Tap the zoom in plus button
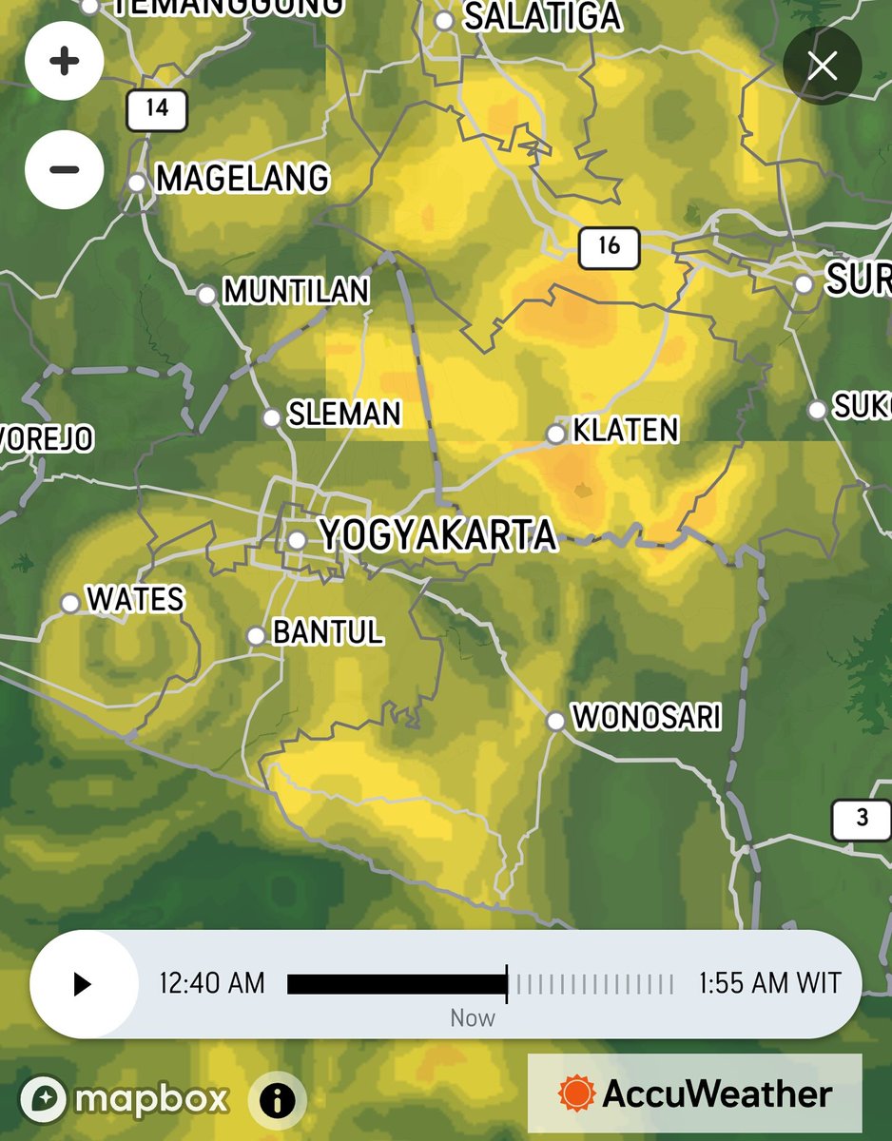[x=65, y=63]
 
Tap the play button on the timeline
[x=83, y=984]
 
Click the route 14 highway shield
[x=157, y=108]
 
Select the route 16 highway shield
[x=609, y=246]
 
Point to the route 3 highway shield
[x=862, y=819]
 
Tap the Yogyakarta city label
[x=437, y=536]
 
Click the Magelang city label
[x=242, y=179]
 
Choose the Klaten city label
[x=626, y=432]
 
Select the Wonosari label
[x=646, y=718]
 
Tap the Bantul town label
[x=328, y=632]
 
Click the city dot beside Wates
[x=69, y=603]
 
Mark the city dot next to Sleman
[x=272, y=417]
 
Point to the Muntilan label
[x=296, y=292]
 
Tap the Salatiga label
[x=543, y=17]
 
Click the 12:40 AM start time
[x=211, y=983]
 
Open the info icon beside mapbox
[x=278, y=1101]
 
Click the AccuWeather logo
[x=695, y=1093]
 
